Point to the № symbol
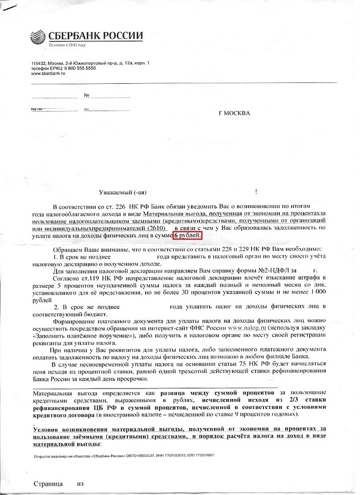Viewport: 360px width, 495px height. tap(87, 96)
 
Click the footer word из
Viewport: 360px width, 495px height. tap(80, 484)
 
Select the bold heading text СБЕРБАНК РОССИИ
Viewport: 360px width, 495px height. tap(96, 36)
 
